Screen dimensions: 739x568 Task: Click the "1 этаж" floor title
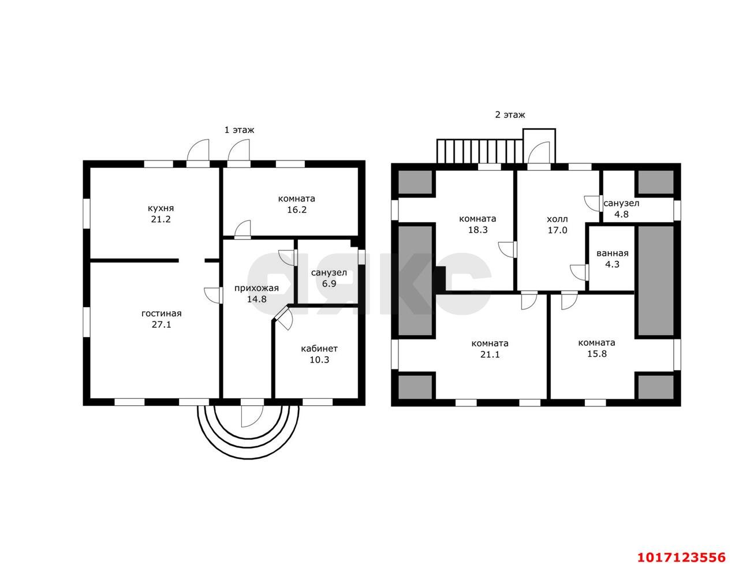pyautogui.click(x=239, y=130)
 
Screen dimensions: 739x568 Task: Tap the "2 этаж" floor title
pyautogui.click(x=510, y=115)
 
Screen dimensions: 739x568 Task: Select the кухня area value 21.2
pyautogui.click(x=161, y=219)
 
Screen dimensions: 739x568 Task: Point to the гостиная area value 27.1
pyautogui.click(x=162, y=324)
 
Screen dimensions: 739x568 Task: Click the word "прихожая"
pyautogui.click(x=256, y=289)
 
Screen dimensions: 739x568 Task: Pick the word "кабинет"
pyautogui.click(x=319, y=349)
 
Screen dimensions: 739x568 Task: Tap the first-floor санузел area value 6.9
pyautogui.click(x=329, y=283)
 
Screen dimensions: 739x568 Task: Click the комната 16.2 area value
pyautogui.click(x=297, y=210)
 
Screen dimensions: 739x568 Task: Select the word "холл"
pyautogui.click(x=557, y=219)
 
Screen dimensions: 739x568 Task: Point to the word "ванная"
pyautogui.click(x=613, y=253)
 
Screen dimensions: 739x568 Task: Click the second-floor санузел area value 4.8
pyautogui.click(x=621, y=214)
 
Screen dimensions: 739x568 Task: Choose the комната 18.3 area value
pyautogui.click(x=478, y=230)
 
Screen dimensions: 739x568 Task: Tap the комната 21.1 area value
pyautogui.click(x=490, y=354)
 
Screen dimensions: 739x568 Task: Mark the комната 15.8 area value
pyautogui.click(x=597, y=354)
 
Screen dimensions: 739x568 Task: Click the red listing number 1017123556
pyautogui.click(x=681, y=558)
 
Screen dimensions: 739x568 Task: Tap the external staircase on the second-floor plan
pyautogui.click(x=480, y=151)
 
